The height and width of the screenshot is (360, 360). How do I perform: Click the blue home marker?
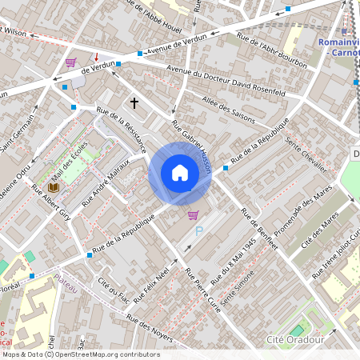[x=180, y=173]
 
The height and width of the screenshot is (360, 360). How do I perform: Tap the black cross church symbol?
[x=134, y=102]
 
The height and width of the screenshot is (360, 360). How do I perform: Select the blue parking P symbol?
[x=199, y=230]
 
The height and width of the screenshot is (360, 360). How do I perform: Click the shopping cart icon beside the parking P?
[x=193, y=214]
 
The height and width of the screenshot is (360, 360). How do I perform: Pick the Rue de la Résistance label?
[x=121, y=130]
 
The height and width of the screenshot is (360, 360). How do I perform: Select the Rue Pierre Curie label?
[x=202, y=292]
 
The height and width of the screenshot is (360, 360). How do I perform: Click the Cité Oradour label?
[x=293, y=340]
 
